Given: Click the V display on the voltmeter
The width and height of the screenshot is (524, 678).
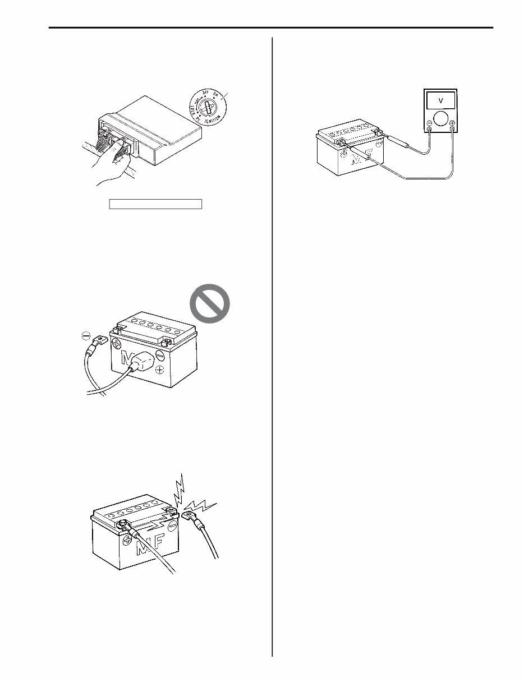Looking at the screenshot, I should tap(440, 101).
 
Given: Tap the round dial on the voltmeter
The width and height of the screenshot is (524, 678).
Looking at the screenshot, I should tap(440, 119).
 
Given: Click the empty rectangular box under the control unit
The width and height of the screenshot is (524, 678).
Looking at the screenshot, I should tap(155, 203).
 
